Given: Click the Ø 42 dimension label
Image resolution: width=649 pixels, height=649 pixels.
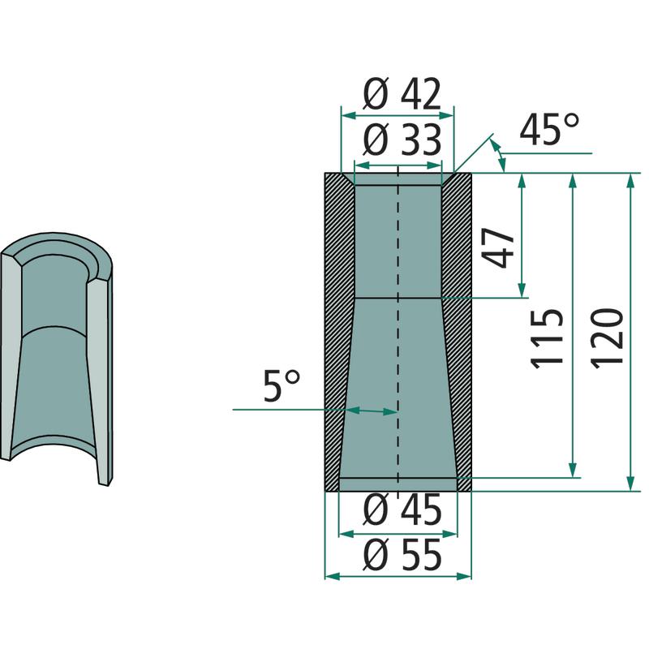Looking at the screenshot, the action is (x=402, y=94).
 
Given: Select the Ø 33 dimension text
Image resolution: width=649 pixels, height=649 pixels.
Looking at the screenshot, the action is (x=402, y=140).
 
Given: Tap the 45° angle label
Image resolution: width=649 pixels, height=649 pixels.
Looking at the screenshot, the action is (x=549, y=130).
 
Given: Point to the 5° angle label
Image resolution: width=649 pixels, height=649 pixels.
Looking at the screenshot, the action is (x=282, y=385).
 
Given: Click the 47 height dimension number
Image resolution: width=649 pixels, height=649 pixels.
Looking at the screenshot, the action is (x=500, y=247).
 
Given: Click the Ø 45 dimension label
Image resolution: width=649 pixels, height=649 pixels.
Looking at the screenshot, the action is (x=402, y=510).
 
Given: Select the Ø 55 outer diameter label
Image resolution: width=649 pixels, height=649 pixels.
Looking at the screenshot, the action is (x=402, y=555).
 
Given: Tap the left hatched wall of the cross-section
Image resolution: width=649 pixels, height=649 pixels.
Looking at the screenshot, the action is (x=336, y=331).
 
